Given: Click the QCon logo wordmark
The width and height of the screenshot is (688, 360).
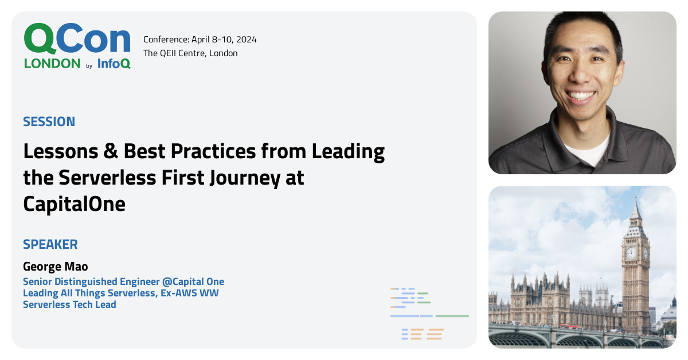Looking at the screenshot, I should point(77,39).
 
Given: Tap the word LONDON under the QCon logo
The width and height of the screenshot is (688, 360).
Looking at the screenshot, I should point(52,64).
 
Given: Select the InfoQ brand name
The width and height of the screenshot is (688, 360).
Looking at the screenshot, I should point(114,64).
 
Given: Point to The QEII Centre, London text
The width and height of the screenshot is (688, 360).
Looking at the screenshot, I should point(190,53).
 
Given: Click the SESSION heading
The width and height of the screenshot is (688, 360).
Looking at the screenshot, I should point(49,122).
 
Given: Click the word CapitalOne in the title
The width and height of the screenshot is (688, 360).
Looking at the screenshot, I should point(74,204).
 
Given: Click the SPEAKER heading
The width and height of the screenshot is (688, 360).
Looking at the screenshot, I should point(50,244).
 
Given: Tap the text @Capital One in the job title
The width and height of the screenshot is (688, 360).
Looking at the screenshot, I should point(195,281).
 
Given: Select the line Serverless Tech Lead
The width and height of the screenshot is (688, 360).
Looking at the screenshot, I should point(69,304).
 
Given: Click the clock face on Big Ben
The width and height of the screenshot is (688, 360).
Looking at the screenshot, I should point(631,253).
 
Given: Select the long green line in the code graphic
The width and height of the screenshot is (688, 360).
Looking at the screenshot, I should point(452,316).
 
